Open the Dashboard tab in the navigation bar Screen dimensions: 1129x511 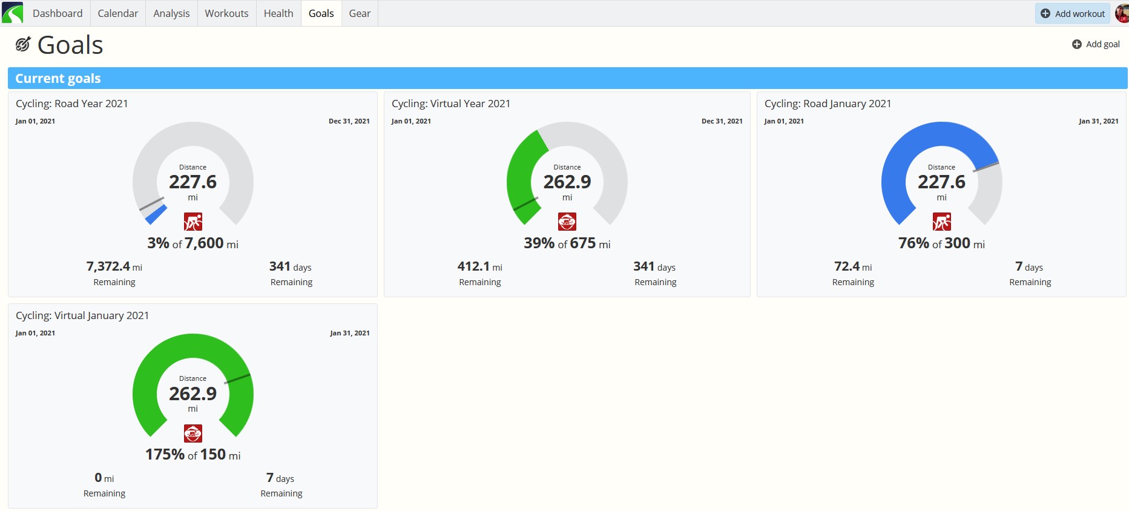pyautogui.click(x=58, y=13)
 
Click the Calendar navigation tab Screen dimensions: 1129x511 pyautogui.click(x=117, y=13)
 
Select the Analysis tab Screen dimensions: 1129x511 pyautogui.click(x=171, y=13)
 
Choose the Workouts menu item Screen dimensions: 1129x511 pyautogui.click(x=226, y=13)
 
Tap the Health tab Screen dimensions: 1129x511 pyautogui.click(x=278, y=13)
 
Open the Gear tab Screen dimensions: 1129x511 pyautogui.click(x=360, y=13)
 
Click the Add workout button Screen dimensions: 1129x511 pyautogui.click(x=1072, y=13)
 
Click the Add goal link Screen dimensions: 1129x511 pyautogui.click(x=1096, y=44)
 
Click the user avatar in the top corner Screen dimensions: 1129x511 pyautogui.click(x=1122, y=13)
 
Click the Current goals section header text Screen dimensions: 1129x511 pyautogui.click(x=58, y=78)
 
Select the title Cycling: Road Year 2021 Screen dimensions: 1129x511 pyautogui.click(x=72, y=104)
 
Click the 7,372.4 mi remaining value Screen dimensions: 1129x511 pyautogui.click(x=114, y=266)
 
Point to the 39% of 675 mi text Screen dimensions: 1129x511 pyautogui.click(x=567, y=243)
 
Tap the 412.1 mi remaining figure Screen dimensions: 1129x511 pyautogui.click(x=480, y=266)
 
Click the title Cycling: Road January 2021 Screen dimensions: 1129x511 pyautogui.click(x=828, y=104)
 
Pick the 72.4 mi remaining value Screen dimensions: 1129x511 pyautogui.click(x=853, y=266)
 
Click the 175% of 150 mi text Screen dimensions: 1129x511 pyautogui.click(x=193, y=455)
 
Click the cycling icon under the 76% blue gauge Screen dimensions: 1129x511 pyautogui.click(x=941, y=222)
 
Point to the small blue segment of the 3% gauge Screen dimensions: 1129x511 pyautogui.click(x=156, y=214)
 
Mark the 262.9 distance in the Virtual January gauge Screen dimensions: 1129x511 pyautogui.click(x=193, y=394)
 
